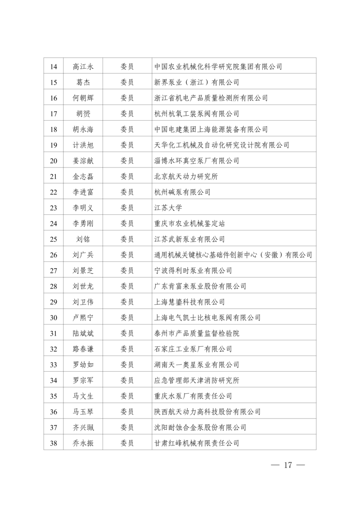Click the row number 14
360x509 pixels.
tap(54, 67)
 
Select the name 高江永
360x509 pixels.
tap(83, 67)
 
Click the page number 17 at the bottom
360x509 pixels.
tap(288, 465)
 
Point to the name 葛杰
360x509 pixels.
tap(83, 82)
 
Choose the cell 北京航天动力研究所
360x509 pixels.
tap(186, 176)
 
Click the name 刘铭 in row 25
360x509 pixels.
tap(83, 239)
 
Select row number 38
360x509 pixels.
tap(54, 443)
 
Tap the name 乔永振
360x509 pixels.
tap(83, 443)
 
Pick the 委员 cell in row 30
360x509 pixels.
tap(127, 317)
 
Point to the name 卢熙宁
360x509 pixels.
tap(83, 317)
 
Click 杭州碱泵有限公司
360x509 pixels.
tap(182, 192)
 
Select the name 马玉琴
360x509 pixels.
tap(83, 411)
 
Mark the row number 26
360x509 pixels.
tap(54, 255)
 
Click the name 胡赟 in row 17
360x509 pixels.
tap(83, 114)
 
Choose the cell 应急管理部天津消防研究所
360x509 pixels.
tap(197, 380)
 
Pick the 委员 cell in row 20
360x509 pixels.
tap(127, 161)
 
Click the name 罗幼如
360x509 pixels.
tap(83, 365)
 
